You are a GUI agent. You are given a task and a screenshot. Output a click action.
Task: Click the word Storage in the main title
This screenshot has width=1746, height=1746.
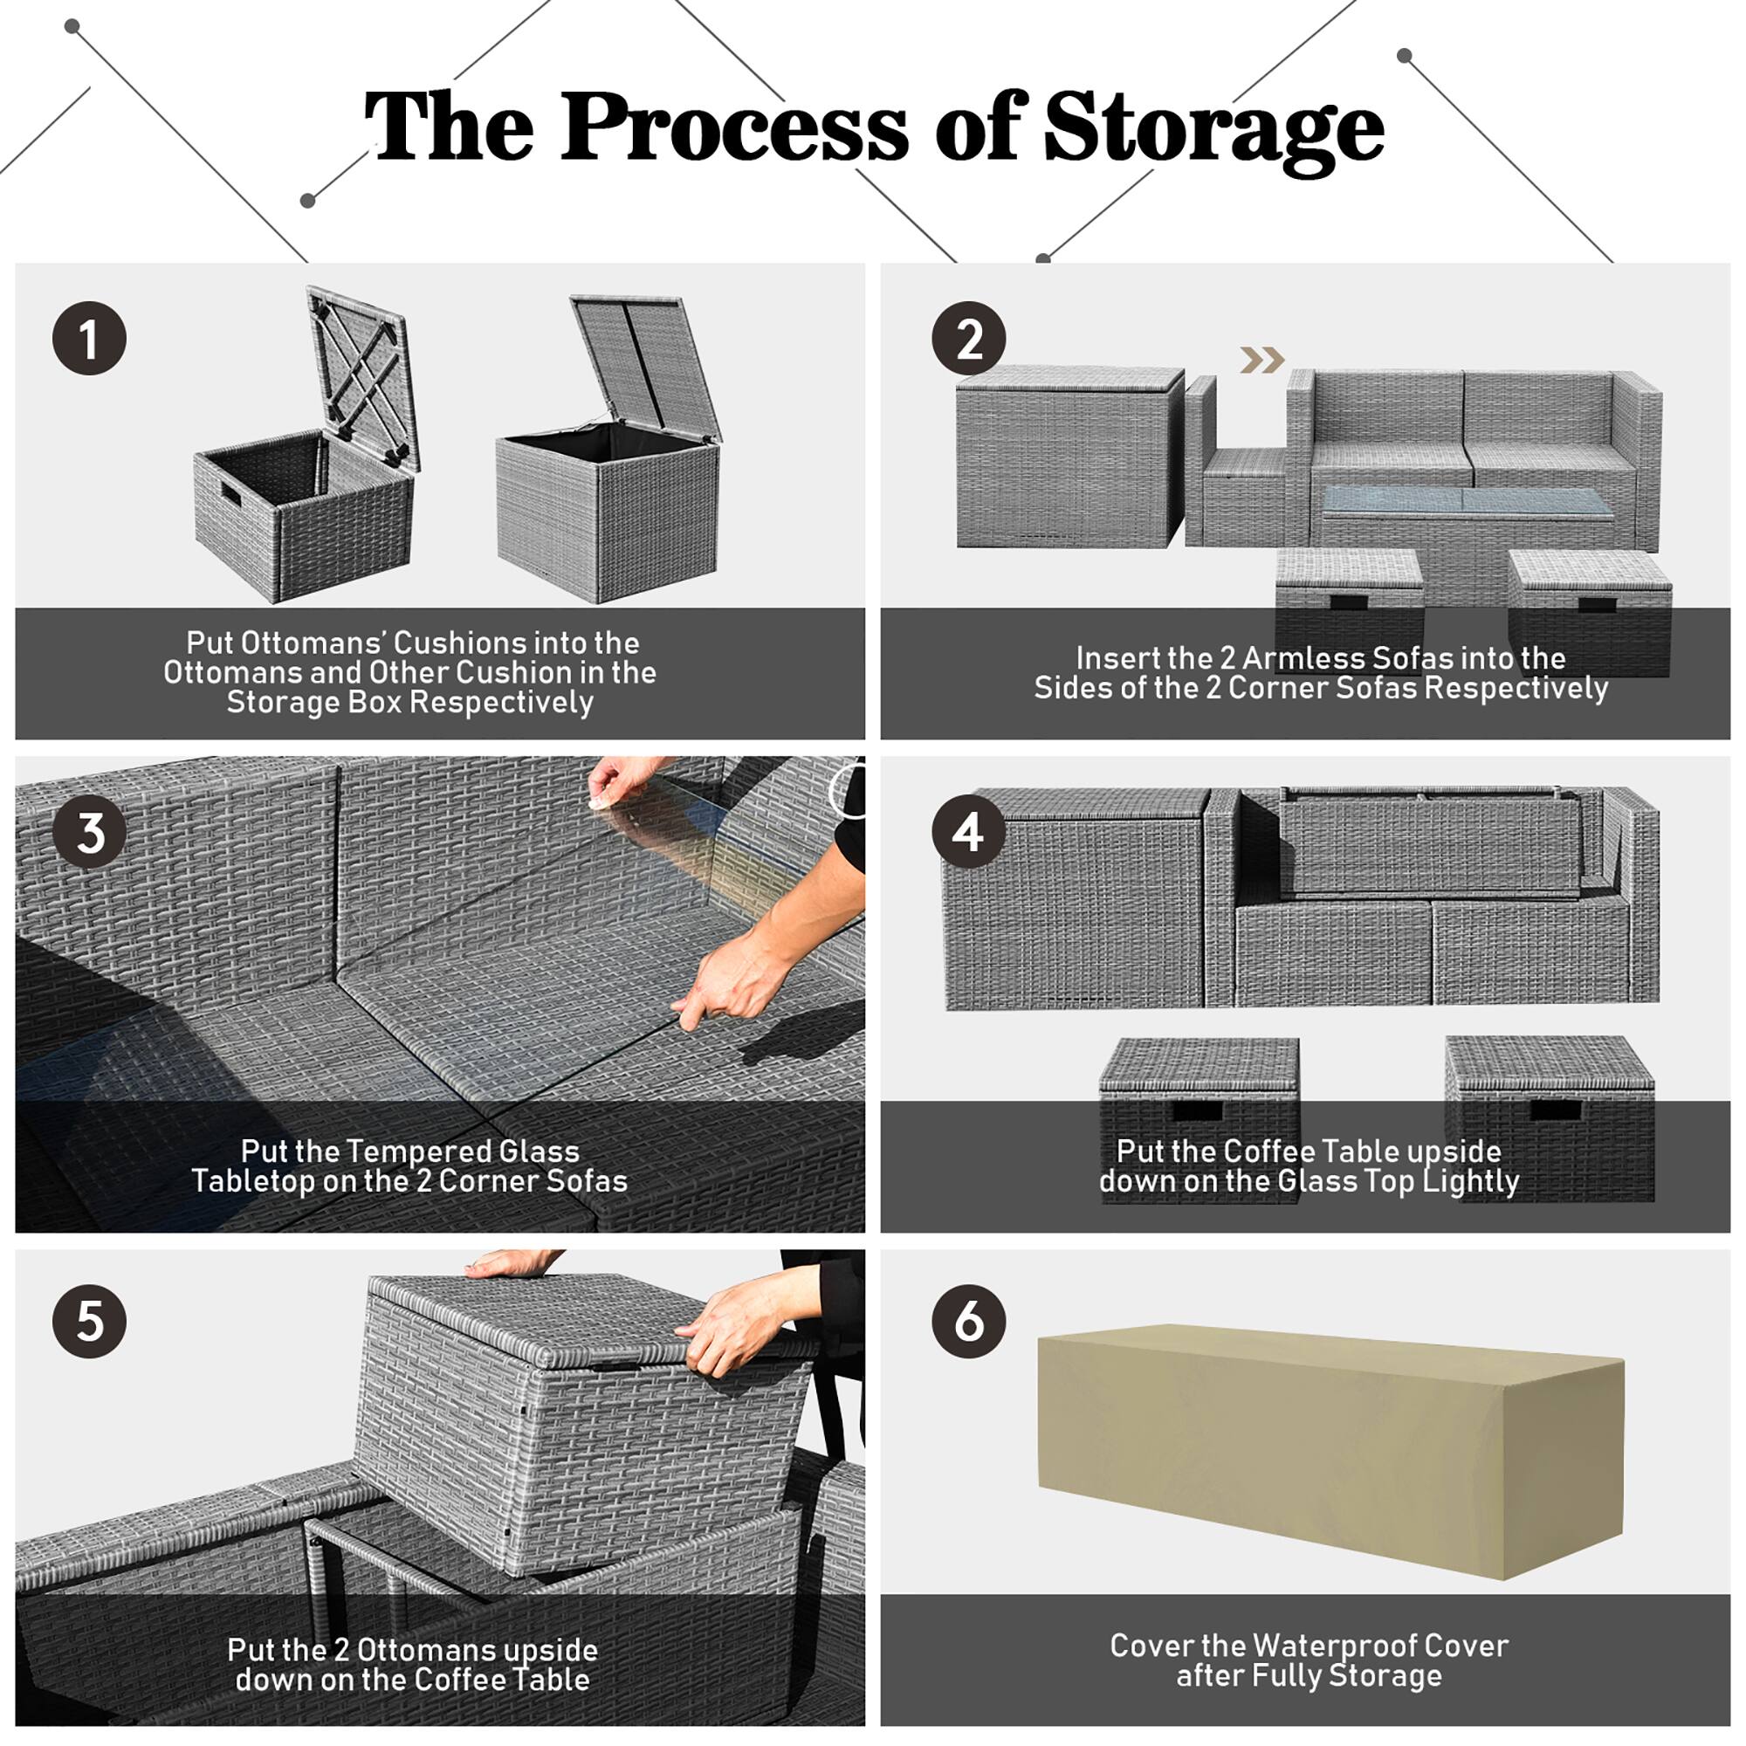click(1213, 128)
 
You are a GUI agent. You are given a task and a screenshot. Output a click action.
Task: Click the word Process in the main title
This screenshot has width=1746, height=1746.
click(734, 128)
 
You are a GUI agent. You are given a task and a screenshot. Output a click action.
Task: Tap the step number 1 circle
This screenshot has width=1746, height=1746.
click(88, 339)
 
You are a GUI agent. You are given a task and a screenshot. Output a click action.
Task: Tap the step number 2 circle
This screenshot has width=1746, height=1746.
click(969, 339)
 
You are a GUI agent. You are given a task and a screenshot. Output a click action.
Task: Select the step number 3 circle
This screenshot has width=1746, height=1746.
click(88, 832)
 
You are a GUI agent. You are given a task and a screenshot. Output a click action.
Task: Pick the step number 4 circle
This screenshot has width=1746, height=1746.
click(969, 832)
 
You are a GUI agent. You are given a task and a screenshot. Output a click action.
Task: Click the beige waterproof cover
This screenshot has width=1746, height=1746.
click(1329, 1455)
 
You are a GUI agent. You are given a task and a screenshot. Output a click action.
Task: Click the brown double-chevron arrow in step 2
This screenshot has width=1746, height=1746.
click(1262, 361)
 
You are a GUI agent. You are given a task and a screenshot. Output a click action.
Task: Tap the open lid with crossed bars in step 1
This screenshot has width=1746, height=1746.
click(361, 370)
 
